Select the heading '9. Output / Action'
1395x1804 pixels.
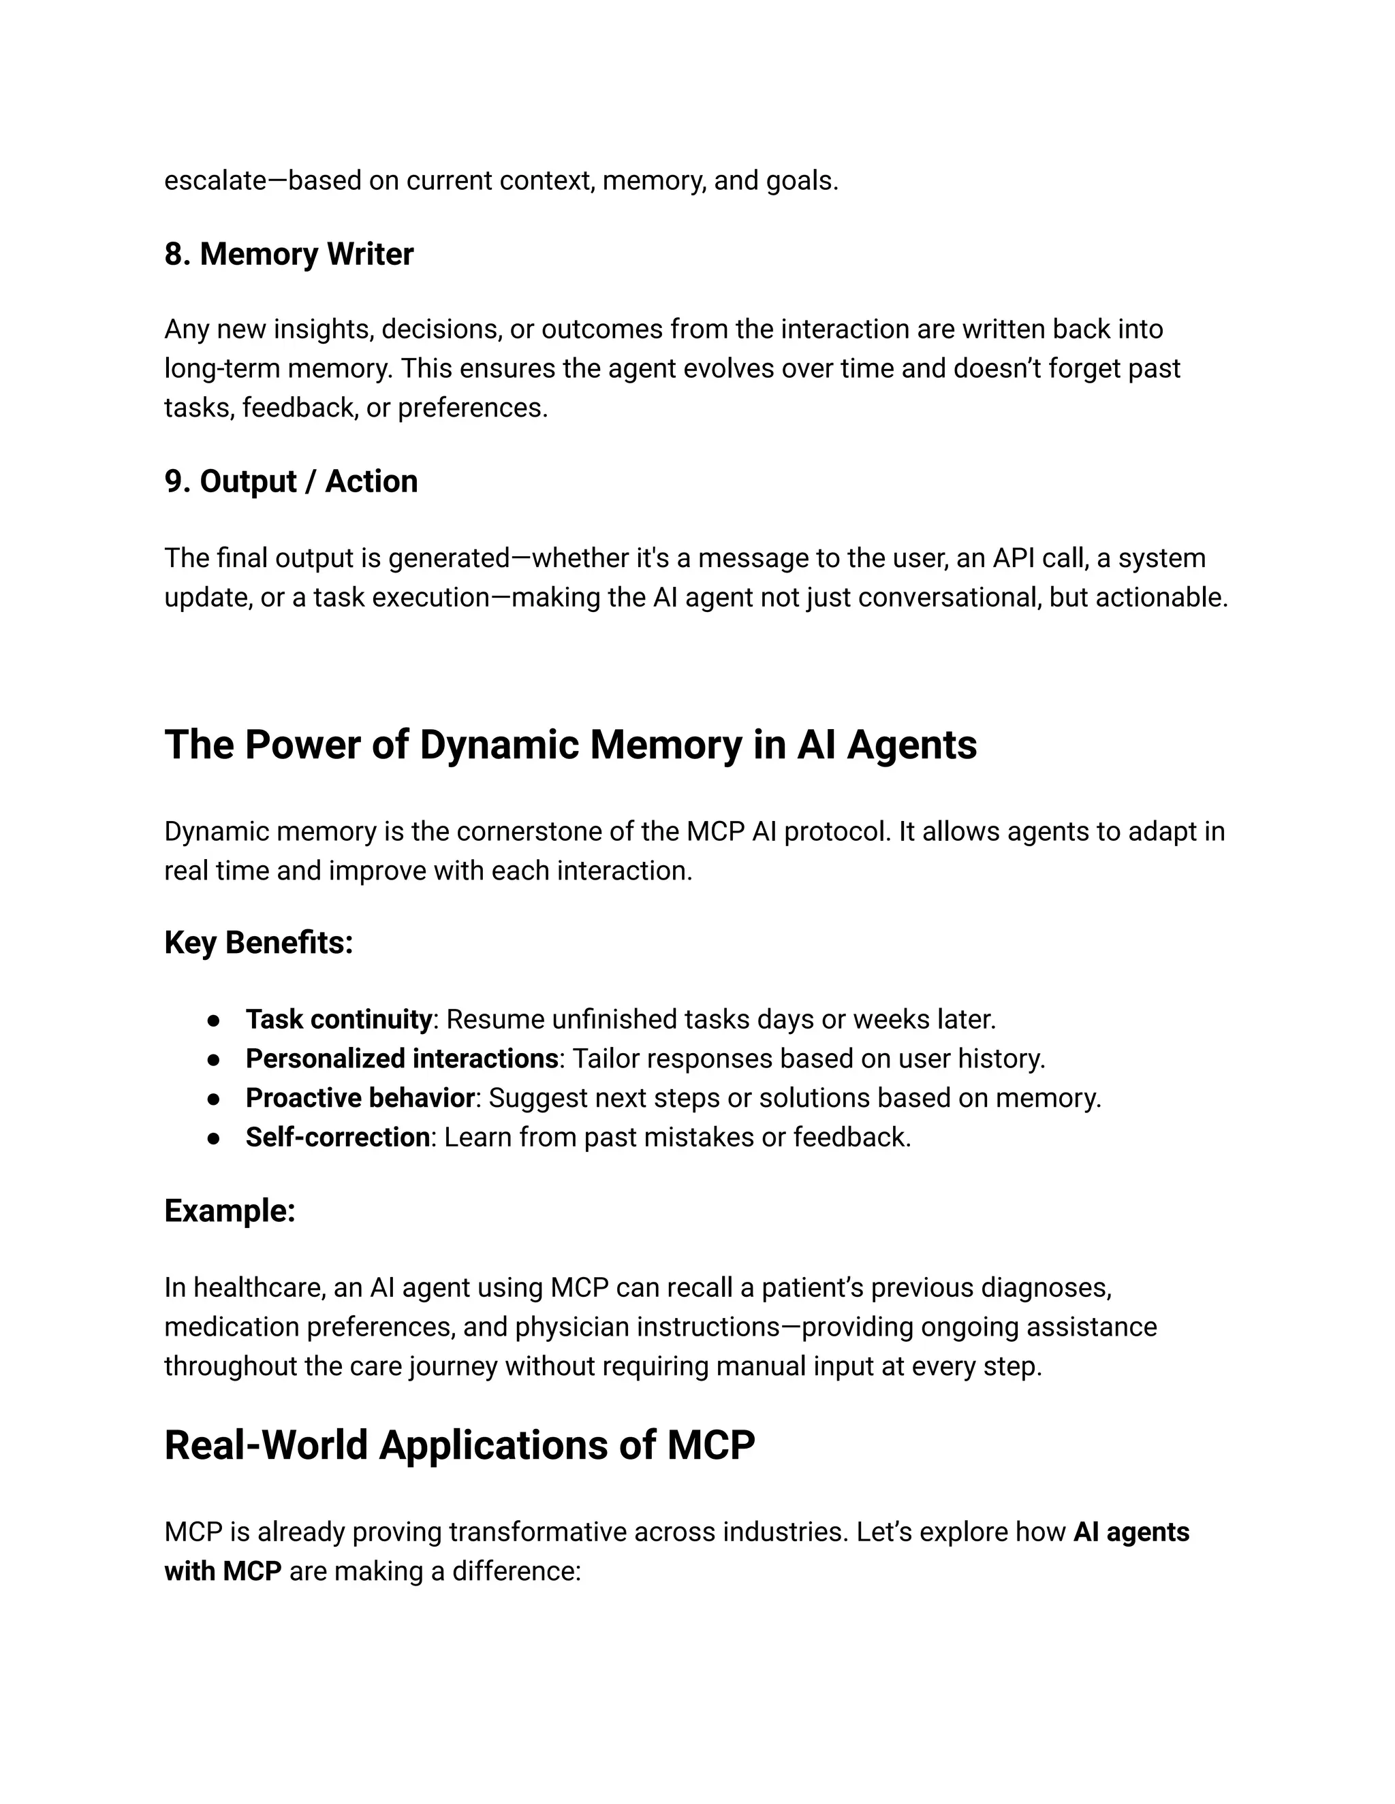coord(291,481)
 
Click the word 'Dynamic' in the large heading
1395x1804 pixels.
coord(499,744)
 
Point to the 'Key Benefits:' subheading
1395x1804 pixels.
coord(259,942)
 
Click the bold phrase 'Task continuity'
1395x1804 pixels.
coord(338,1019)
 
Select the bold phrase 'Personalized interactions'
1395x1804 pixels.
coord(402,1059)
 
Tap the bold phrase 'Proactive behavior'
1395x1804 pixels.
coord(360,1098)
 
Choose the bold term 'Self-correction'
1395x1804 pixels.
coord(337,1138)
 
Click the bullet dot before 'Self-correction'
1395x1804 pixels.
coord(214,1138)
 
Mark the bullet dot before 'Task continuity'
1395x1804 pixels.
coord(214,1020)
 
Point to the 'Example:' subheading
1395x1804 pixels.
coord(230,1211)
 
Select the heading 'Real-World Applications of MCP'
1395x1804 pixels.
coord(460,1445)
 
